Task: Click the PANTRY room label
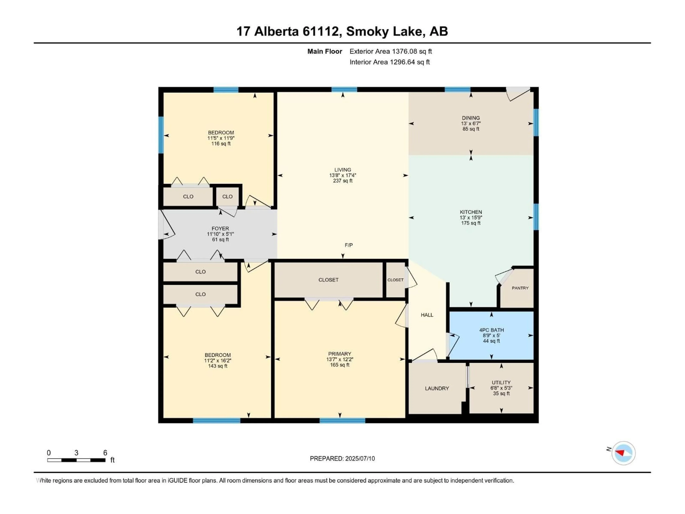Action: [520, 288]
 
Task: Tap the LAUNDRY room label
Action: [437, 388]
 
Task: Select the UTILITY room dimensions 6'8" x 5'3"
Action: [501, 388]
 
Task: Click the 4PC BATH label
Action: [491, 330]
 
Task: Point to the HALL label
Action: [427, 315]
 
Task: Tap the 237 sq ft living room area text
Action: [342, 181]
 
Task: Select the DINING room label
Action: [471, 118]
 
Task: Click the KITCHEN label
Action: [471, 212]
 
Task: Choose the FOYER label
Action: [220, 228]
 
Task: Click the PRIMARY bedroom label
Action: [340, 354]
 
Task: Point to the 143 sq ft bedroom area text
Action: [218, 366]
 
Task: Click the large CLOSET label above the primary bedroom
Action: [328, 280]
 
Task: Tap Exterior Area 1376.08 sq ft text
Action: [390, 51]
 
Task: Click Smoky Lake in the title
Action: [384, 31]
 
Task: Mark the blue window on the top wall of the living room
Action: [344, 90]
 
